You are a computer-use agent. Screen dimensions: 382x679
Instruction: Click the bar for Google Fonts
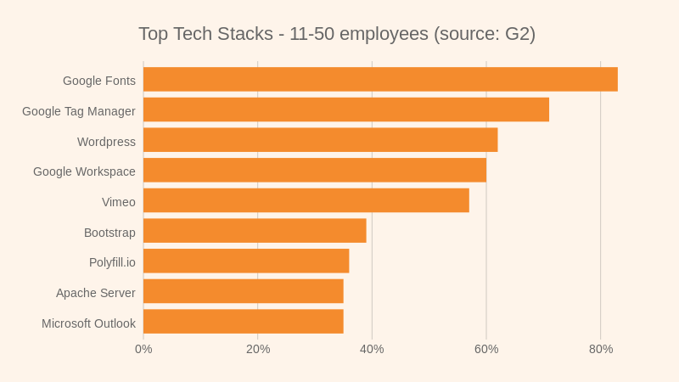[380, 80]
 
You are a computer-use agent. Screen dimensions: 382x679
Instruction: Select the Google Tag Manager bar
[346, 110]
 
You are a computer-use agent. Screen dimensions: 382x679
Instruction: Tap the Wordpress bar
[320, 140]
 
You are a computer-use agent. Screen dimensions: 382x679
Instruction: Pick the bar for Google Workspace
[315, 171]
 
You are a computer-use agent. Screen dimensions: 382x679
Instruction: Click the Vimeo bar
[306, 200]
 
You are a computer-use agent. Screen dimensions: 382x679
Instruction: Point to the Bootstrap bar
[255, 231]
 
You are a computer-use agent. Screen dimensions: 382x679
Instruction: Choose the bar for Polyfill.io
[246, 261]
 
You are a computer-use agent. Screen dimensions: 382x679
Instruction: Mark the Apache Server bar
[244, 291]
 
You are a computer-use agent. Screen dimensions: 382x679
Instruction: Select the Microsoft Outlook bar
[244, 322]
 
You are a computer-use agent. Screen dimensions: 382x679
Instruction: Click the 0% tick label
[143, 349]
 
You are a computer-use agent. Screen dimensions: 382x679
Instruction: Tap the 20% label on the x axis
[258, 349]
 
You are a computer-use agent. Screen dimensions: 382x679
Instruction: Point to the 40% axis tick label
[372, 349]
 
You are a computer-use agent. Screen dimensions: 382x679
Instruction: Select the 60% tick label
[486, 349]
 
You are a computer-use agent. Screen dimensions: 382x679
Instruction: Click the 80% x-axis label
[601, 349]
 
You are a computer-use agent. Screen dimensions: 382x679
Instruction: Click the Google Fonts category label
[99, 81]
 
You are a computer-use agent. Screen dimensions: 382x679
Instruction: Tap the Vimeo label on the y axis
[119, 202]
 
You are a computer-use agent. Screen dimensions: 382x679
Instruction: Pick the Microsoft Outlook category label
[89, 323]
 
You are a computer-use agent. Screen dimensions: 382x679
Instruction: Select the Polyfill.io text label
[112, 262]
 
